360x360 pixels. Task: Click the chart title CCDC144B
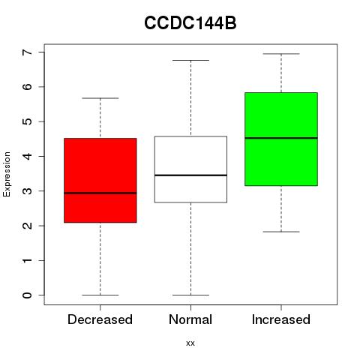tap(190, 23)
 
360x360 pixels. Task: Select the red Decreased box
tap(100, 180)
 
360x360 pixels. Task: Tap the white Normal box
tap(190, 169)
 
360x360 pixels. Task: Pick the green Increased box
tap(281, 139)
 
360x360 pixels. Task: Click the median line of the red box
tap(100, 193)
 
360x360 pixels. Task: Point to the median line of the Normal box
tap(190, 175)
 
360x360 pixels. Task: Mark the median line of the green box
tap(281, 138)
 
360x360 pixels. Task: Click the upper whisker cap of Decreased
tap(100, 98)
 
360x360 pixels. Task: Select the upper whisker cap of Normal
tap(190, 60)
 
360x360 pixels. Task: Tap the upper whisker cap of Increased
tap(281, 54)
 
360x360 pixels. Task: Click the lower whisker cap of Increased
tap(281, 232)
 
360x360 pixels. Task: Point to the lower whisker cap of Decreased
tap(100, 295)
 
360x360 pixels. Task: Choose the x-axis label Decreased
tap(100, 319)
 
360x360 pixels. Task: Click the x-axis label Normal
tap(190, 319)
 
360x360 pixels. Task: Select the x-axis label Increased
tap(281, 319)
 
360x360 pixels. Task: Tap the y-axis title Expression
tap(7, 174)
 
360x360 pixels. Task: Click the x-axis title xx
tap(190, 343)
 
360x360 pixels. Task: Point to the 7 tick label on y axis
tap(27, 52)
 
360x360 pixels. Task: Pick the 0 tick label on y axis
tap(27, 295)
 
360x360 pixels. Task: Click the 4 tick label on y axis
tap(27, 156)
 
